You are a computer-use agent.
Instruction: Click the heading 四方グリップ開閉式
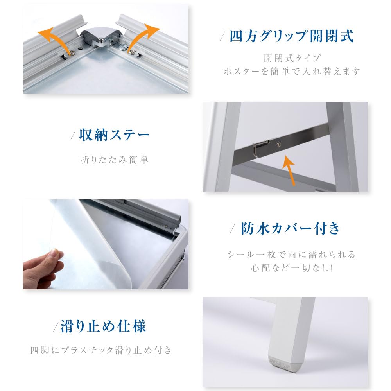291,36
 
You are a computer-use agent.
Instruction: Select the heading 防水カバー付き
291,229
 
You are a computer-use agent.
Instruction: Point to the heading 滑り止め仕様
103,326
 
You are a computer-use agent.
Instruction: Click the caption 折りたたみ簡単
115,160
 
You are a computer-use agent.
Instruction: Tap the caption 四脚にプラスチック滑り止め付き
101,350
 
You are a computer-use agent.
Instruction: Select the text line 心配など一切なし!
292,269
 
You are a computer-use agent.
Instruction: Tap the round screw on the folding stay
278,145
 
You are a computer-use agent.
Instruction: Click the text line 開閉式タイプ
292,58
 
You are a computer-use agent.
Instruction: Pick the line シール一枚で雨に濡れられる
292,255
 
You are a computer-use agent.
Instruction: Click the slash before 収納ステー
73,136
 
